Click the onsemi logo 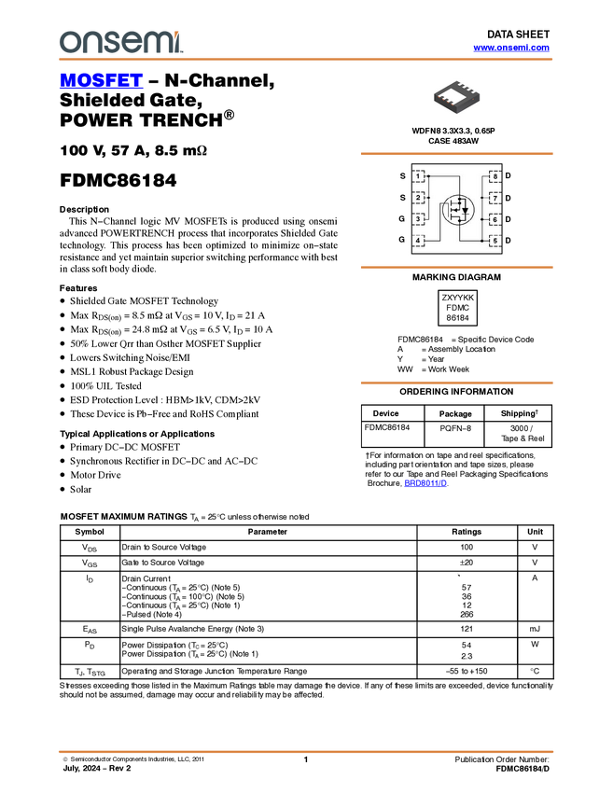pyautogui.click(x=120, y=42)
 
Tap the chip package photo pyautogui.click(x=456, y=96)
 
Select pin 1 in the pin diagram pyautogui.click(x=420, y=175)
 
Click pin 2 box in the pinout pyautogui.click(x=420, y=197)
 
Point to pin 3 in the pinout pyautogui.click(x=420, y=219)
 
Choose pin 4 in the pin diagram pyautogui.click(x=420, y=241)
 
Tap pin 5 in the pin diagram pyautogui.click(x=495, y=241)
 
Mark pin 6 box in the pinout pyautogui.click(x=495, y=219)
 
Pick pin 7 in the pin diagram pyautogui.click(x=495, y=198)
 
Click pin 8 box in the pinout pyautogui.click(x=495, y=175)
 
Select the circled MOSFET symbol pyautogui.click(x=457, y=209)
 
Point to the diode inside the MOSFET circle pyautogui.click(x=465, y=210)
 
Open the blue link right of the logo pyautogui.click(x=511, y=48)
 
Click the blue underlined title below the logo pyautogui.click(x=101, y=80)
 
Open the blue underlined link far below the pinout pyautogui.click(x=425, y=483)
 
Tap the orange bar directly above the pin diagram pyautogui.click(x=456, y=154)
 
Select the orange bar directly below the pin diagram pyautogui.click(x=456, y=268)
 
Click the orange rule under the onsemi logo pyautogui.click(x=305, y=60)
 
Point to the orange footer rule pyautogui.click(x=305, y=750)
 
